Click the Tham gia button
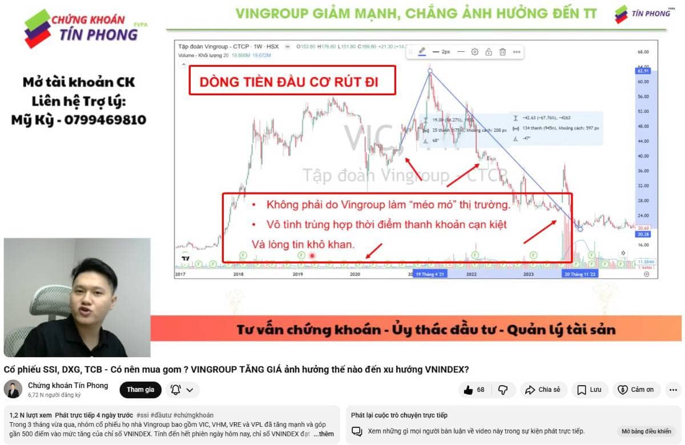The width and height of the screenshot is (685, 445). pos(140,390)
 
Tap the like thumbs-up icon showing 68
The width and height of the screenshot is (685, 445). pos(469,390)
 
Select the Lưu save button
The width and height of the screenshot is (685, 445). pos(589,390)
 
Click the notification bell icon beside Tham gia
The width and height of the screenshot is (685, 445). pos(176,390)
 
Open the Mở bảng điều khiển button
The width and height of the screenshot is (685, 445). pos(646,431)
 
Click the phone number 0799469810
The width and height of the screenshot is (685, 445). pos(105,120)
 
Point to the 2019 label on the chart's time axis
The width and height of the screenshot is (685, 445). pos(297,274)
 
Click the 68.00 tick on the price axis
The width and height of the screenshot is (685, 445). pos(643,52)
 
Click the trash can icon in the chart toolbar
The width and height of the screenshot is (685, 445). pos(502,52)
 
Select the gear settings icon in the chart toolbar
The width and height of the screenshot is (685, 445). pos(474,52)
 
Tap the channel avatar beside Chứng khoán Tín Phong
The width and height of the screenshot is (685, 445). pos(13,390)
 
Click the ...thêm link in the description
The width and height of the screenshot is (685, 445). pos(324,434)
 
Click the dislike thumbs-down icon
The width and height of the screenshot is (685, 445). pos(503,390)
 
